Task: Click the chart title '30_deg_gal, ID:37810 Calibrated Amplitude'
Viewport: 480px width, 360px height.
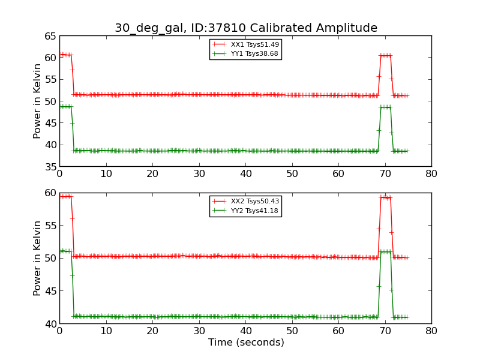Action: [x=246, y=28]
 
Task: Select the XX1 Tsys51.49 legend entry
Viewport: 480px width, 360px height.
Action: [x=254, y=44]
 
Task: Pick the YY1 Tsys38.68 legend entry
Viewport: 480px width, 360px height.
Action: [x=254, y=53]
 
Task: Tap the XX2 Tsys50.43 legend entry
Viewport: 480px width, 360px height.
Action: [x=254, y=202]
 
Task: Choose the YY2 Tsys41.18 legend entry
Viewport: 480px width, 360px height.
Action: [x=254, y=211]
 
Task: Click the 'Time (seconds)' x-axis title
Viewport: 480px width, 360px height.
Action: [x=246, y=343]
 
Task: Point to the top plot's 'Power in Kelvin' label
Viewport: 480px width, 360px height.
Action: [x=37, y=101]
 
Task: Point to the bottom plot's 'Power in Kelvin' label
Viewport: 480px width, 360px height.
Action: [x=37, y=258]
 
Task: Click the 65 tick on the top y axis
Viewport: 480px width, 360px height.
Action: [x=49, y=36]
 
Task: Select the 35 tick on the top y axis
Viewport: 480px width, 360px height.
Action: [x=49, y=166]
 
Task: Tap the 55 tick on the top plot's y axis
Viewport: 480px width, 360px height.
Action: [x=49, y=79]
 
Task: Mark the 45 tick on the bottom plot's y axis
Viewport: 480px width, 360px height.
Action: [x=49, y=291]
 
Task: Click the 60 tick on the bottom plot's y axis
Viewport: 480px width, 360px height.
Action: [x=49, y=193]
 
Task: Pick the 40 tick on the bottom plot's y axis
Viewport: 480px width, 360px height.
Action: [x=49, y=324]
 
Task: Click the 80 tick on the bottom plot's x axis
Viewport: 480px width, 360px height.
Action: [x=431, y=331]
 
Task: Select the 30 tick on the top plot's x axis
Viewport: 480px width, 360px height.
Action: [x=199, y=174]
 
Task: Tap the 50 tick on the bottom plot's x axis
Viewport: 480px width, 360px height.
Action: [x=292, y=331]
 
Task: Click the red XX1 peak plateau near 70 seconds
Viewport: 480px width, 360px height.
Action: [x=385, y=55]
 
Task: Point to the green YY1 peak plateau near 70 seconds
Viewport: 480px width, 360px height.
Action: [x=385, y=107]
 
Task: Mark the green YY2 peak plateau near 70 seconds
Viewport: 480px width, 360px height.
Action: [x=385, y=251]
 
